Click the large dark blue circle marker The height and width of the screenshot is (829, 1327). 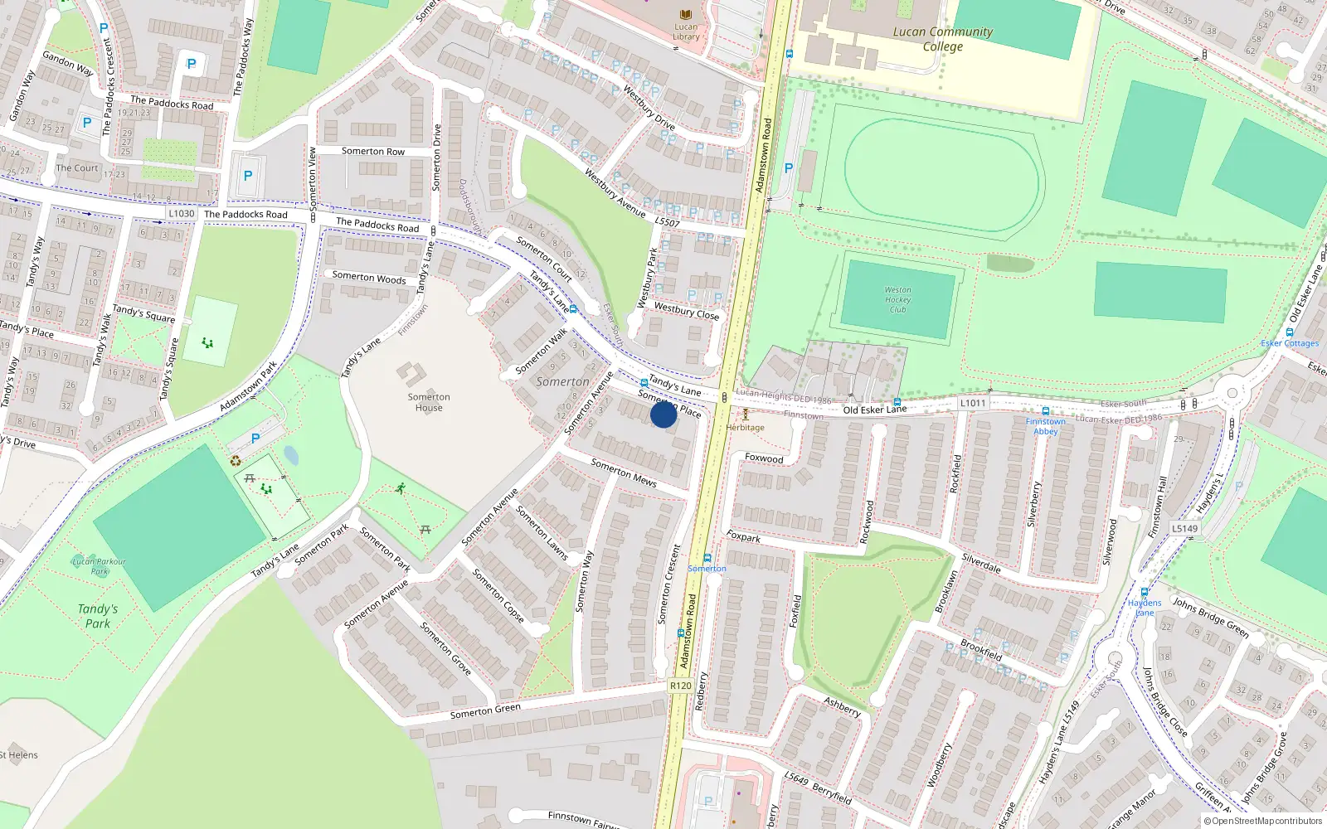tap(663, 414)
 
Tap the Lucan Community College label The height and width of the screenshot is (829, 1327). tap(942, 39)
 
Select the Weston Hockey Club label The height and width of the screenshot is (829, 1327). tap(897, 300)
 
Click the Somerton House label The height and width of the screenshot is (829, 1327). tap(429, 402)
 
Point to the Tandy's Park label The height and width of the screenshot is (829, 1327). tap(98, 616)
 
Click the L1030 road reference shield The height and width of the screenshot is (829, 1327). tap(181, 214)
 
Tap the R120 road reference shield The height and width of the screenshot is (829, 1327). tap(680, 686)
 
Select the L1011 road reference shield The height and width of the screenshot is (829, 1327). tap(973, 403)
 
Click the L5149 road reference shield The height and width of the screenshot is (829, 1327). tap(1184, 528)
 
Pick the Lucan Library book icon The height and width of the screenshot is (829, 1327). tap(685, 15)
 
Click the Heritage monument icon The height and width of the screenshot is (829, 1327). tap(745, 414)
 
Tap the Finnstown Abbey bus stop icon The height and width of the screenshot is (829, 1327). tap(1045, 411)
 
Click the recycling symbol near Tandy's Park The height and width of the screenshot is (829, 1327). tap(236, 461)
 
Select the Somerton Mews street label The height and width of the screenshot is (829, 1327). tap(624, 473)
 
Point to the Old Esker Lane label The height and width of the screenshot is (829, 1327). tap(874, 410)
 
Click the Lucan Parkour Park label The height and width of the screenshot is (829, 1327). tap(100, 566)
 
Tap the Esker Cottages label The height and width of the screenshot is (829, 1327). tap(1290, 343)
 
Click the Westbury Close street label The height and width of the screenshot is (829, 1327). tap(686, 311)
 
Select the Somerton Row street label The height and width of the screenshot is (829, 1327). tap(373, 152)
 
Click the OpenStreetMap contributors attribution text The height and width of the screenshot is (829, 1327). tap(1262, 822)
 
